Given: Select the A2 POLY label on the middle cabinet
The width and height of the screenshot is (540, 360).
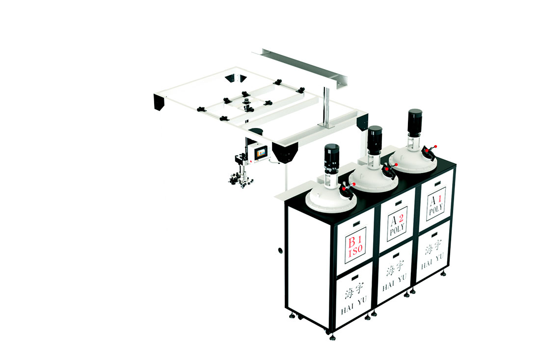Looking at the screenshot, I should pos(397,224).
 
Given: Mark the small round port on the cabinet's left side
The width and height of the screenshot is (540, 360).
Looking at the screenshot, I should pos(280,250).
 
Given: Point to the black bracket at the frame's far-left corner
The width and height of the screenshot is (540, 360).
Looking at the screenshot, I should pos(159,102).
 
